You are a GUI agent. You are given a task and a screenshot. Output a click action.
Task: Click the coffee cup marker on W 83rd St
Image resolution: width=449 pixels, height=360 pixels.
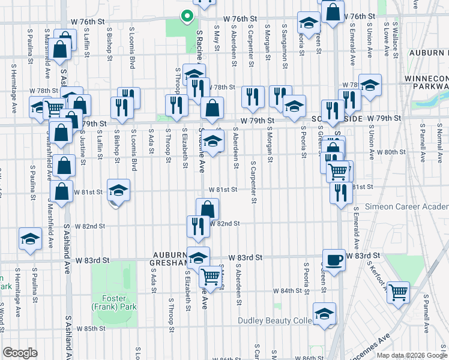click(x=334, y=260)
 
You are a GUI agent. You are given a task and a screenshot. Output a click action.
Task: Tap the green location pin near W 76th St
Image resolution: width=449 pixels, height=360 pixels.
click(x=187, y=17)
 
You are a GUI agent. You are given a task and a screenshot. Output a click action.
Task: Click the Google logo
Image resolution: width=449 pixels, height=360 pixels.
click(x=20, y=353)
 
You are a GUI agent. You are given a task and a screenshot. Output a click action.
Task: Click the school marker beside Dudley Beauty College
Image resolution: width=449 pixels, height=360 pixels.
click(x=324, y=314)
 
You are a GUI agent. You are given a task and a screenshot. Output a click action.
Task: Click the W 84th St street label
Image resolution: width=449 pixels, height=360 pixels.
click(x=287, y=290)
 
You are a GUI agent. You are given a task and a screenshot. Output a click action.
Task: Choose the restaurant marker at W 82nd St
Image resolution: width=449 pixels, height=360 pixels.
click(x=198, y=226)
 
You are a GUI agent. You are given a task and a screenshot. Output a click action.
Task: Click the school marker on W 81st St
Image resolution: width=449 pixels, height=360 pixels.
click(x=119, y=190)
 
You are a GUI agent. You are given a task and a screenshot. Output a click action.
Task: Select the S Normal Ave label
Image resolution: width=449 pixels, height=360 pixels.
click(x=439, y=141)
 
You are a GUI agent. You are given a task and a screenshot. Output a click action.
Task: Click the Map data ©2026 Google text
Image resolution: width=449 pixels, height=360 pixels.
click(x=411, y=355)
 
